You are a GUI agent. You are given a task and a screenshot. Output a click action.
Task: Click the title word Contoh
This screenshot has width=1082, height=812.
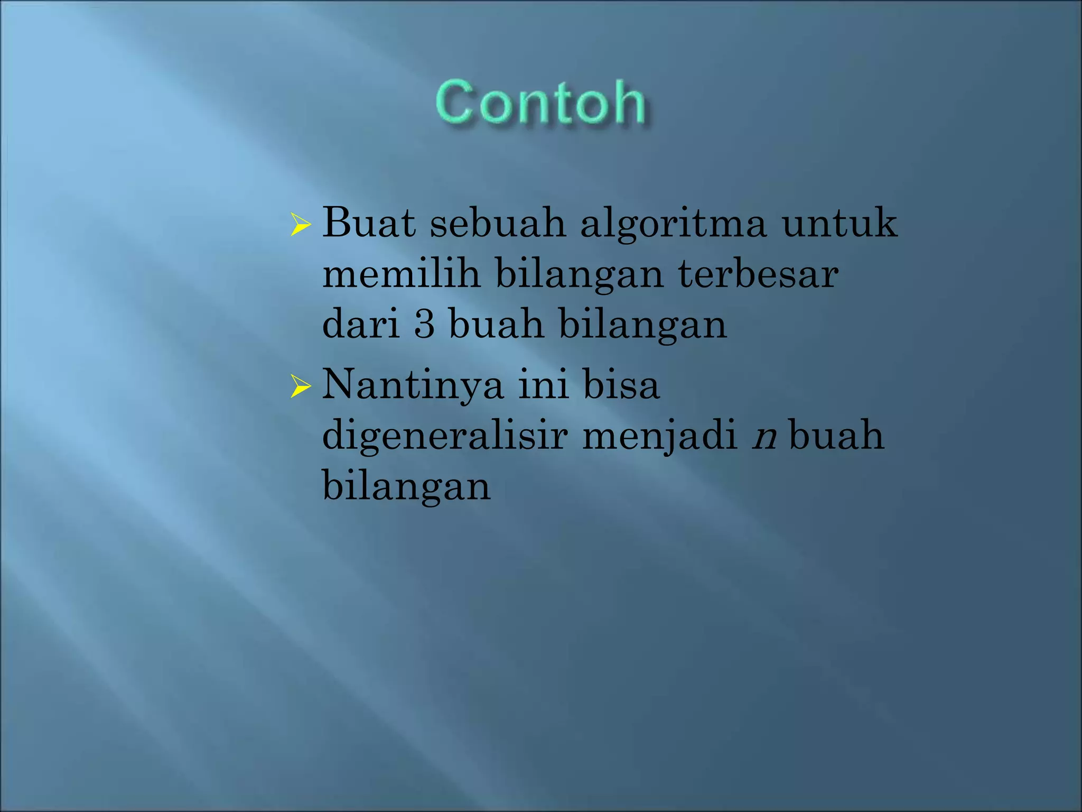point(540,103)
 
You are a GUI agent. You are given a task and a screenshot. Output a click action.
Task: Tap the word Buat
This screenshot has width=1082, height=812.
point(369,223)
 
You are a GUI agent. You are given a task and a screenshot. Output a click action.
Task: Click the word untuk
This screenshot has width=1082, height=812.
point(840,223)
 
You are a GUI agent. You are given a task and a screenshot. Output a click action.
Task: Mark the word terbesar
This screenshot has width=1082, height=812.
point(758,274)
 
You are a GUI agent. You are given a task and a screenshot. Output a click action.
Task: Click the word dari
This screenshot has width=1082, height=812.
point(361,325)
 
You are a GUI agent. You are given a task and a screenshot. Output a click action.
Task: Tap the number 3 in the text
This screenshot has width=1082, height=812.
point(424,325)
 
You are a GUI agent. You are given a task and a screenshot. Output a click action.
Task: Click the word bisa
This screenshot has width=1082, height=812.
point(621,385)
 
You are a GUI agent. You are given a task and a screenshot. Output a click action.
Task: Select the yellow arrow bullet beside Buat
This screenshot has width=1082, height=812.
point(300,225)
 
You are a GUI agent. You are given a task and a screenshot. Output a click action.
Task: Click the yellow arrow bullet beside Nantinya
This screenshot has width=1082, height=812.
point(300,387)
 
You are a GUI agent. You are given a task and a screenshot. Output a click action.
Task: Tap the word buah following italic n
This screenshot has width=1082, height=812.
point(836,436)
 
